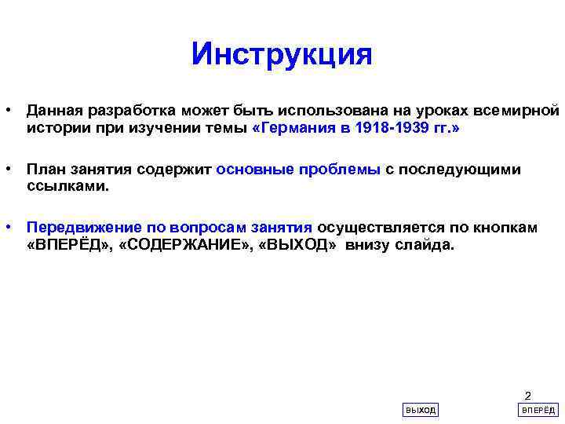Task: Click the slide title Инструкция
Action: (281, 55)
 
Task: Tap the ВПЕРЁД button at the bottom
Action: (538, 410)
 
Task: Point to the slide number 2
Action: (527, 396)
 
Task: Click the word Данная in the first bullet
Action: (52, 108)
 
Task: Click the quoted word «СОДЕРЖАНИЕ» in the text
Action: (188, 246)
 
